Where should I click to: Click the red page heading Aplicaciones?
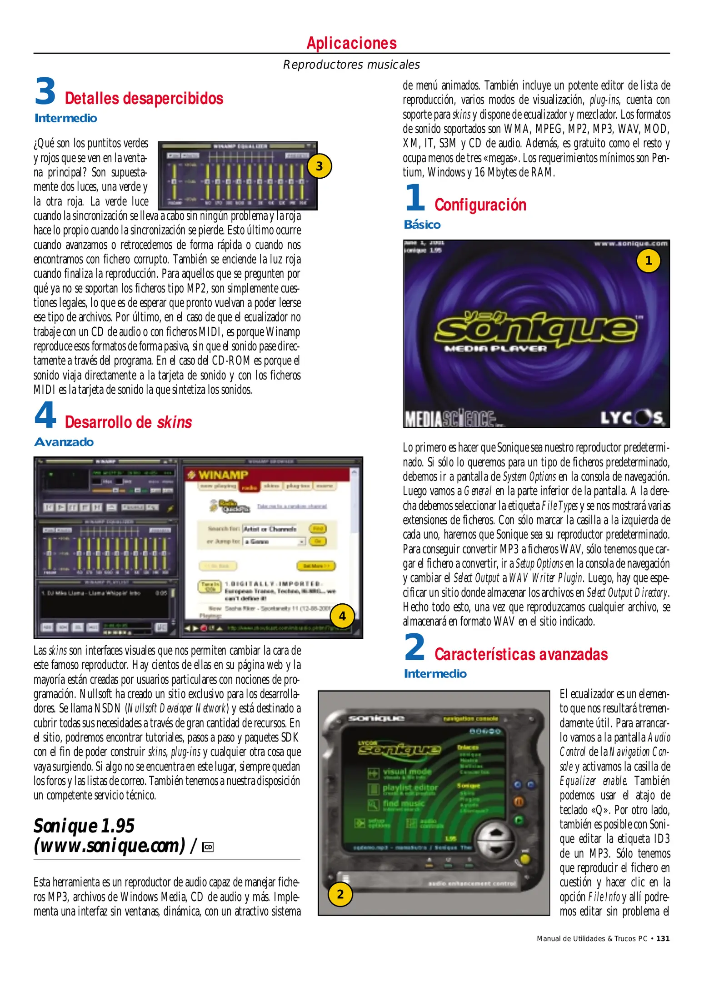[x=351, y=43]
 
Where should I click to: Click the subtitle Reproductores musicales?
[x=351, y=65]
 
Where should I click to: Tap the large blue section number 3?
[x=45, y=92]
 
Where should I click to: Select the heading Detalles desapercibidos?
[x=144, y=99]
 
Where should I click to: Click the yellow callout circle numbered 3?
[x=320, y=166]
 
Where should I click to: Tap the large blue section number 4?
[x=45, y=416]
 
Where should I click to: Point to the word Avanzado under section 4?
[x=64, y=442]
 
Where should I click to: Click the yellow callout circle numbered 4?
[x=342, y=616]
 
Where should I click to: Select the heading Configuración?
[x=480, y=205]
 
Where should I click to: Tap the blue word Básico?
[x=422, y=225]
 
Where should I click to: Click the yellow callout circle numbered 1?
[x=649, y=261]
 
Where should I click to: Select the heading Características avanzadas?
[x=521, y=654]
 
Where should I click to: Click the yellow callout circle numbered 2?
[x=340, y=894]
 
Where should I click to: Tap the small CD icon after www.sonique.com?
[x=208, y=847]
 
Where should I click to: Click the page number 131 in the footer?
[x=663, y=938]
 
